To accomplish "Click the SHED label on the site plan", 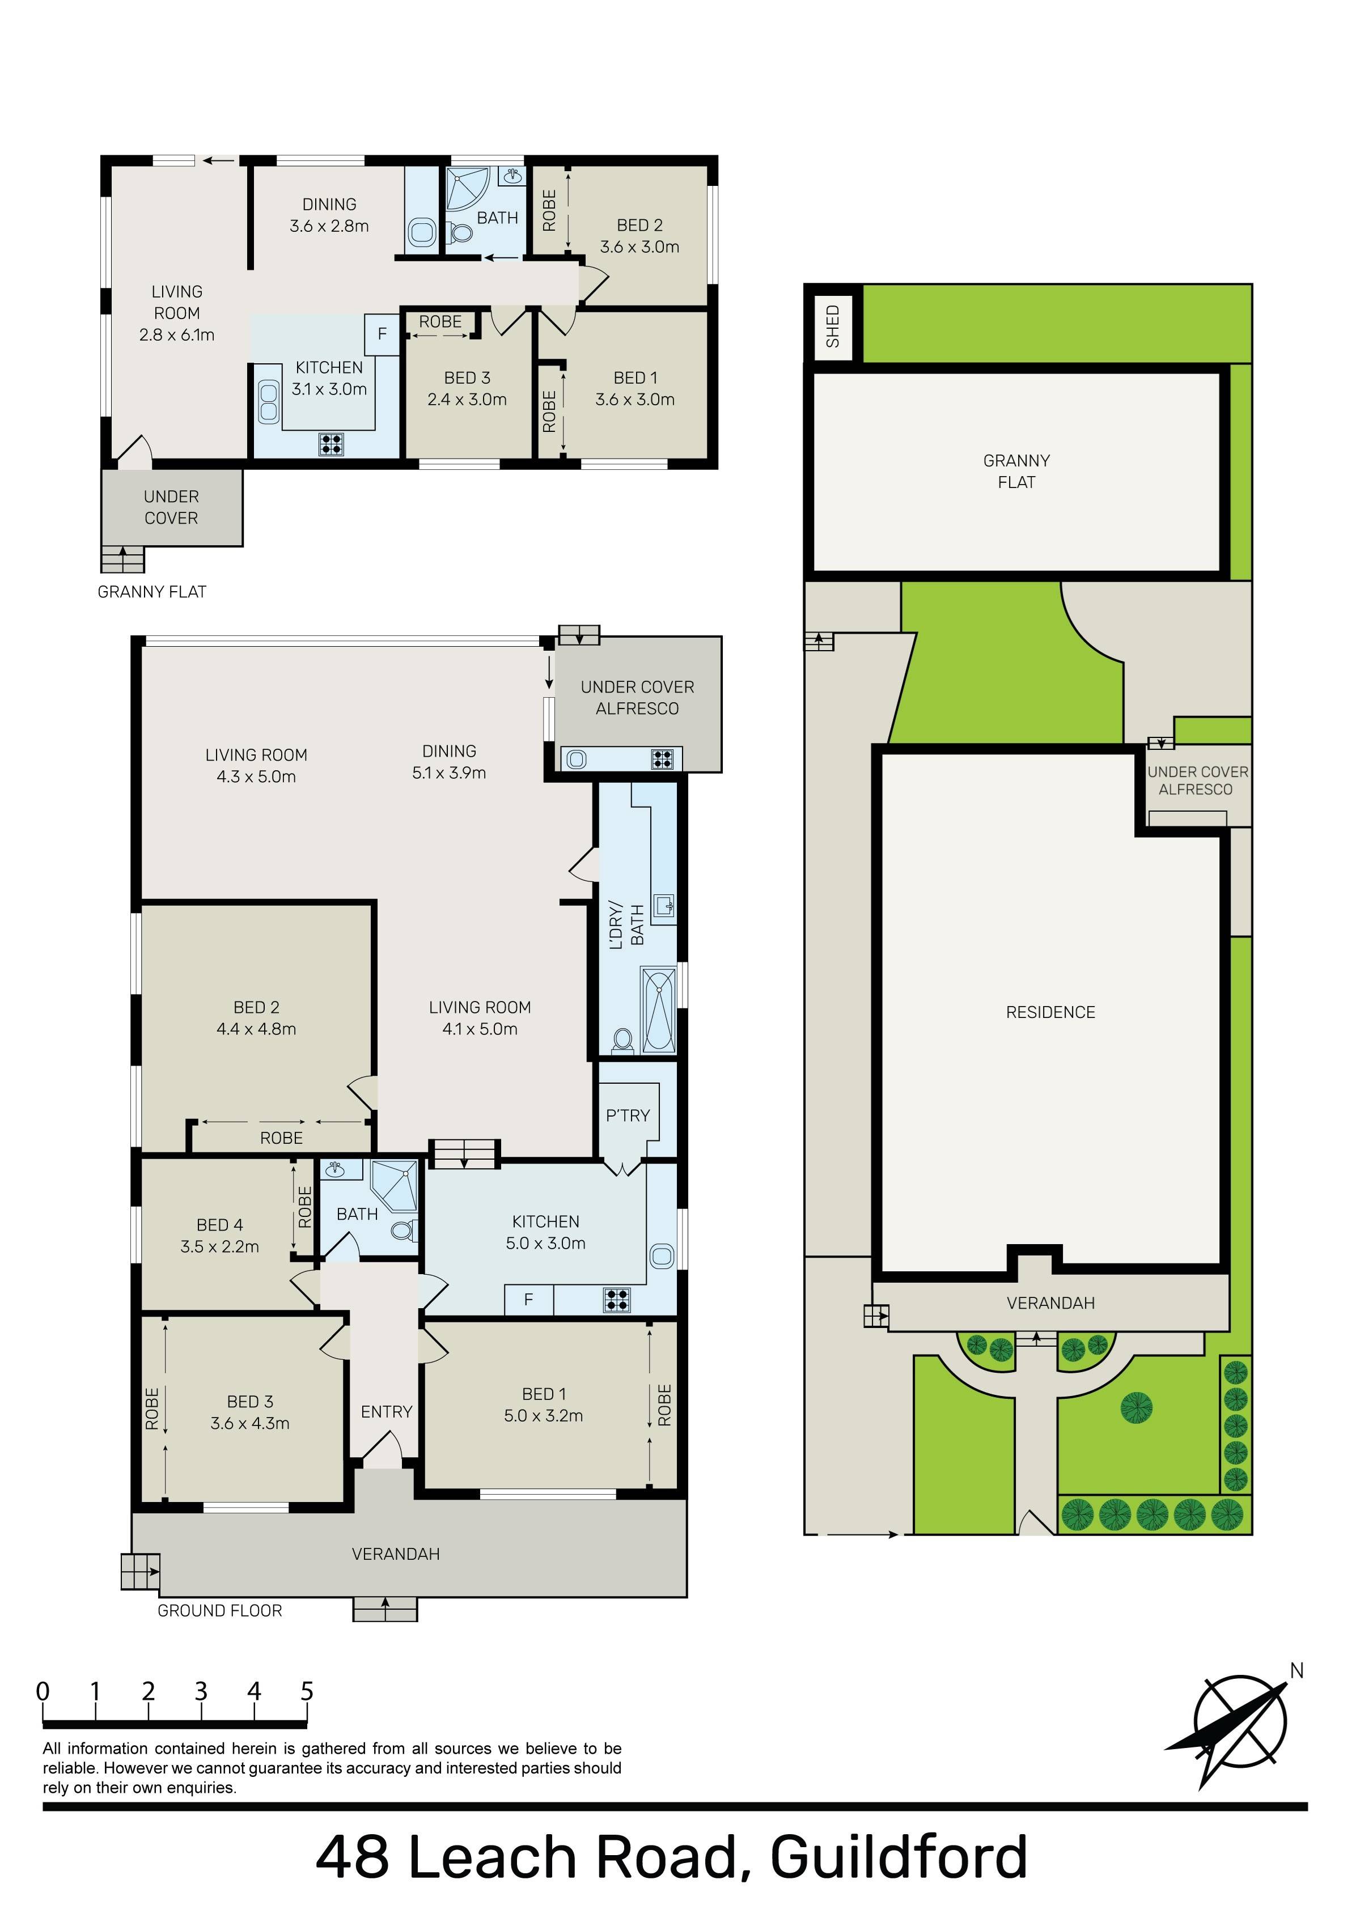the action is [x=832, y=326].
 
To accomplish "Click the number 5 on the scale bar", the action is [x=307, y=1691].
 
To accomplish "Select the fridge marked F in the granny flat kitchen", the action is [x=382, y=334].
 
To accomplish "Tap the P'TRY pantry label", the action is [x=628, y=1115].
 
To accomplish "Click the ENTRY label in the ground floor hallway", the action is [x=386, y=1412].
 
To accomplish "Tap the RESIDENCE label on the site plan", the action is [x=1050, y=1012].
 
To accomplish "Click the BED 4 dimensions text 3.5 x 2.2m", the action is [x=219, y=1246].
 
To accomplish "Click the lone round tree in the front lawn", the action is [x=1137, y=1407].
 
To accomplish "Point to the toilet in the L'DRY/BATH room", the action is [x=622, y=1041].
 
